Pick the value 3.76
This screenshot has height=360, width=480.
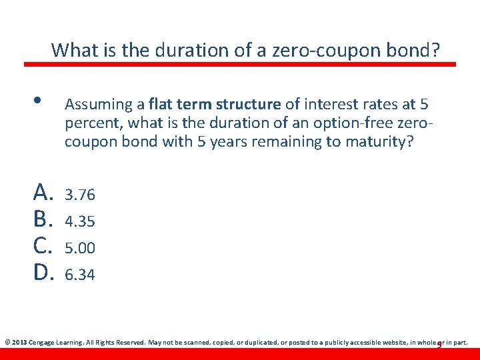(x=80, y=195)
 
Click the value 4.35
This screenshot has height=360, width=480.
(x=80, y=221)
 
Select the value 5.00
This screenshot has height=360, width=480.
(x=80, y=247)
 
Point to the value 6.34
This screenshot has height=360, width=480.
(x=80, y=274)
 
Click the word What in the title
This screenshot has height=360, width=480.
(x=73, y=50)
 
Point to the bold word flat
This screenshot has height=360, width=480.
(x=162, y=105)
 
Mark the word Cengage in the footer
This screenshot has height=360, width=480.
(x=45, y=343)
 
